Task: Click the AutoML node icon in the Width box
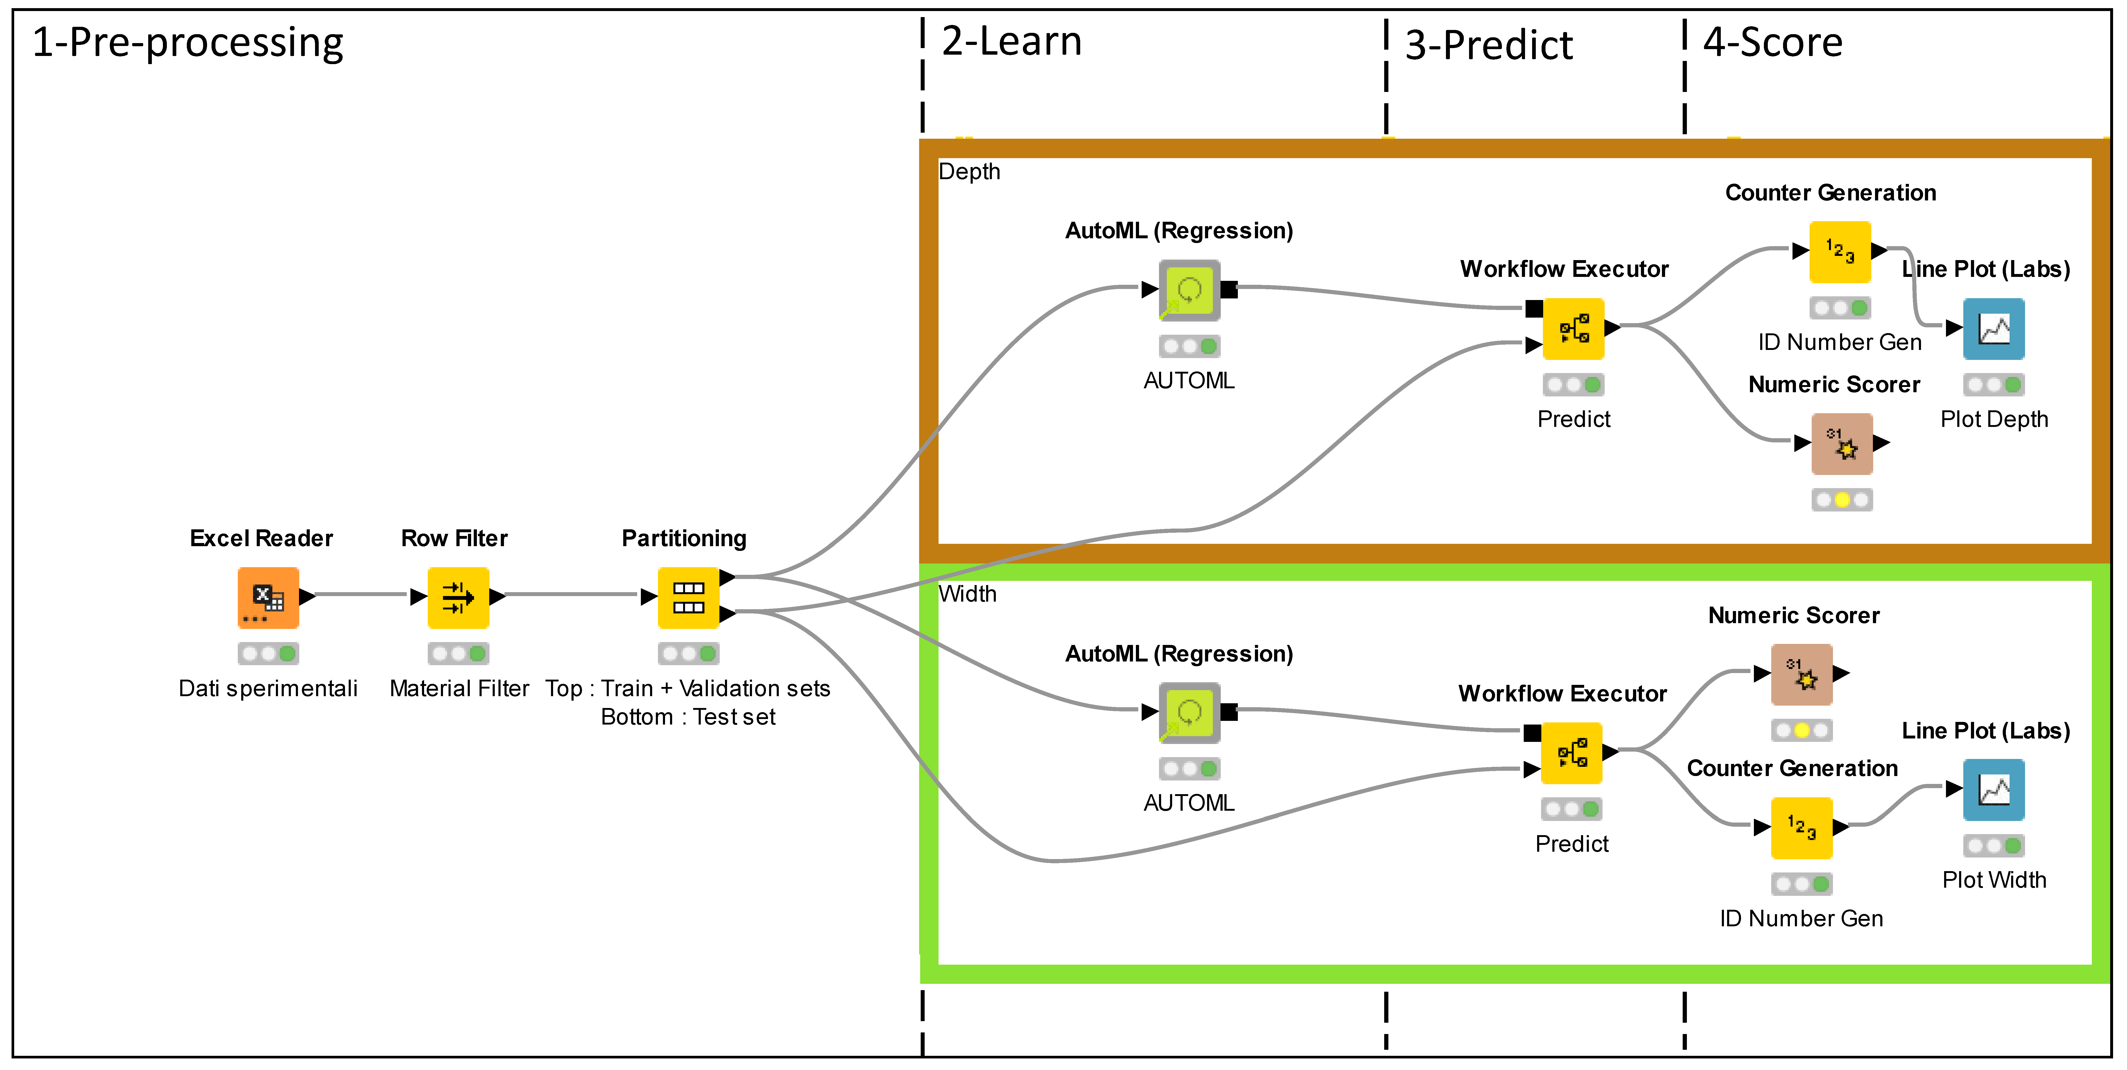click(x=1189, y=712)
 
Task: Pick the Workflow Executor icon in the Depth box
click(x=1574, y=329)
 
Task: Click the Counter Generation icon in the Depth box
click(x=1840, y=252)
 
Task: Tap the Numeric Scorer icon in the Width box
click(x=1802, y=675)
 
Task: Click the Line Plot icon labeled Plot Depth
click(x=1993, y=329)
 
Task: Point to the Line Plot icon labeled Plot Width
click(x=1993, y=789)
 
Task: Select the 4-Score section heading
click(x=1773, y=43)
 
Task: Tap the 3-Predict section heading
click(x=1489, y=45)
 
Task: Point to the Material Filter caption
click(x=459, y=689)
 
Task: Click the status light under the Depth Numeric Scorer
click(x=1841, y=499)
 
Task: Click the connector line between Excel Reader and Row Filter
click(x=362, y=595)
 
